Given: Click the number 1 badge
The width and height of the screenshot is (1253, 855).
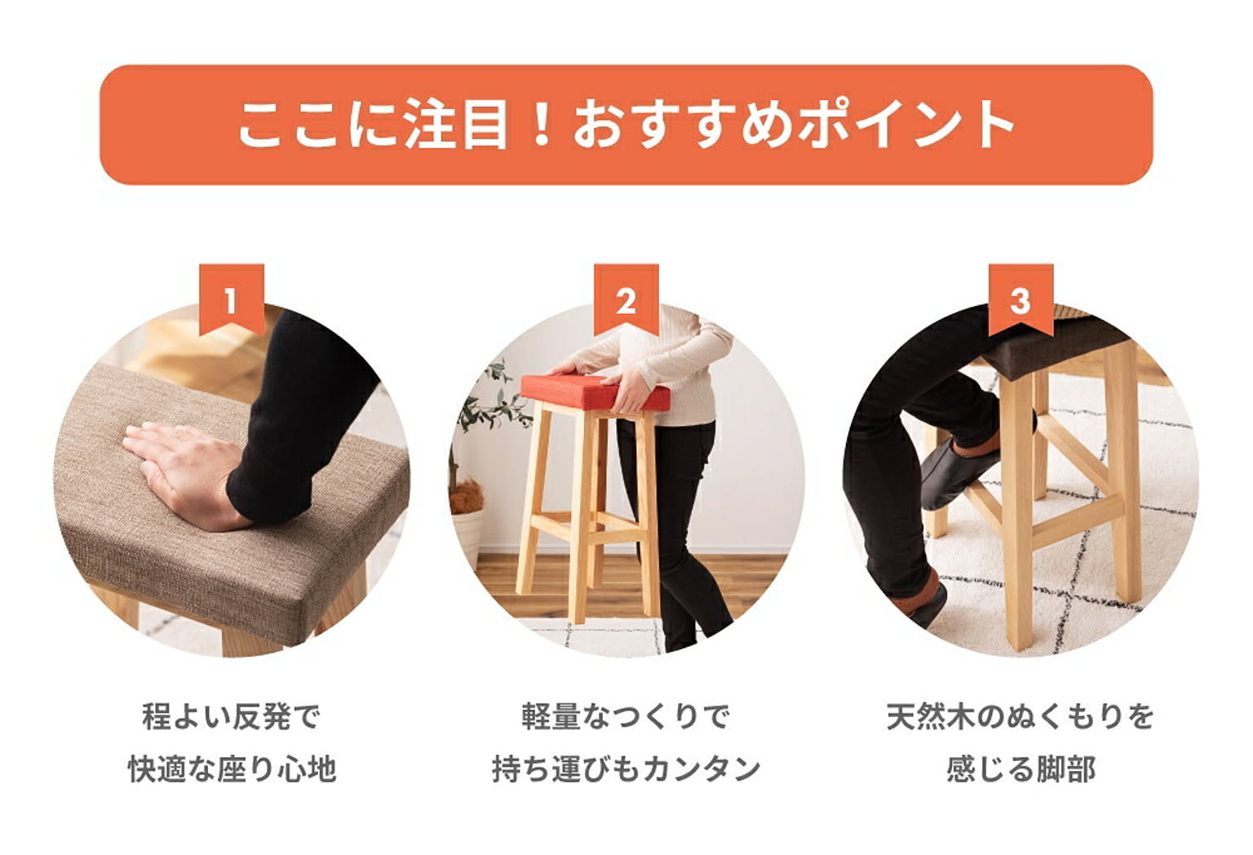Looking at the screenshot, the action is coord(232,300).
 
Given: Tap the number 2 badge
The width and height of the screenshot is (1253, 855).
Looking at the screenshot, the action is coord(626,300).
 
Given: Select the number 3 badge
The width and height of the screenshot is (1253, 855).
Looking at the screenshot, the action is coord(1021,300).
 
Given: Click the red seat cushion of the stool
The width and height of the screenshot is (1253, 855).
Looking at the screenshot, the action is coord(595,392).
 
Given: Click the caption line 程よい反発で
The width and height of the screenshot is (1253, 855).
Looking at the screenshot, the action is coord(232,717).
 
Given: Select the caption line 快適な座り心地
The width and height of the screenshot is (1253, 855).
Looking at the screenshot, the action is coord(232,769).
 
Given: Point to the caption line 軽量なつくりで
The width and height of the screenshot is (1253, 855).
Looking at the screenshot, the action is coord(626,717).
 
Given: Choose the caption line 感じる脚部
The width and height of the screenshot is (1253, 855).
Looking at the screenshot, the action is coord(1021,769).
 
